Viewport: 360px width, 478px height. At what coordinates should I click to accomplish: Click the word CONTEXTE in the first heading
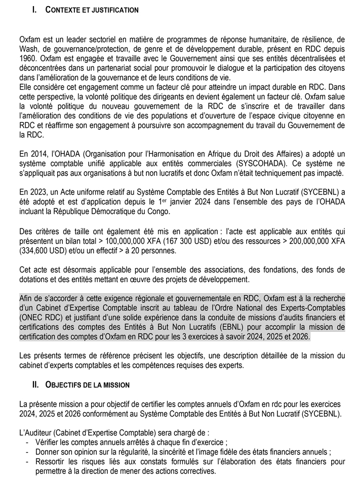(x=65, y=10)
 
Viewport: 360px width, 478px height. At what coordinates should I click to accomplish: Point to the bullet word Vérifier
(x=48, y=442)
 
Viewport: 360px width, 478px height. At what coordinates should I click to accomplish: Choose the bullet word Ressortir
(x=52, y=461)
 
